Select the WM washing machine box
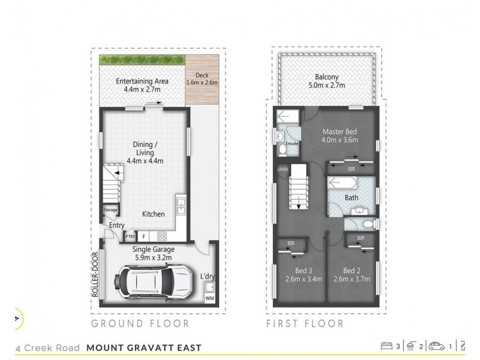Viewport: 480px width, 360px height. pyautogui.click(x=209, y=298)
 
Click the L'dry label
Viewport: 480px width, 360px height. pyautogui.click(x=208, y=277)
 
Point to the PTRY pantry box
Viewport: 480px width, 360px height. pyautogui.click(x=130, y=236)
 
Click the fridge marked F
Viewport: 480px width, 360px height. pyautogui.click(x=143, y=236)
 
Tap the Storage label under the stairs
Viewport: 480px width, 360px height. pyautogui.click(x=110, y=210)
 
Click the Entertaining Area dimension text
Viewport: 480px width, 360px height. pyautogui.click(x=142, y=89)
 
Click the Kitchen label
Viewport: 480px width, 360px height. pyautogui.click(x=154, y=214)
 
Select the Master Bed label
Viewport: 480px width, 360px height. pyautogui.click(x=340, y=136)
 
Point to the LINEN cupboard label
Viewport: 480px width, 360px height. pyautogui.click(x=283, y=169)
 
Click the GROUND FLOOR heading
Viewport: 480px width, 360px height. pyautogui.click(x=140, y=324)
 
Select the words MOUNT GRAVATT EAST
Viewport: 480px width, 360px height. pyautogui.click(x=144, y=347)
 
